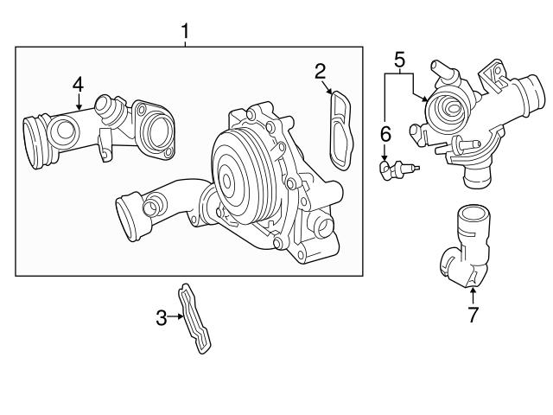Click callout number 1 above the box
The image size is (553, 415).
pyautogui.click(x=184, y=32)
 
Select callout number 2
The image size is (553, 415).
pyautogui.click(x=320, y=71)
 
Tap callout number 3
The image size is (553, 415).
pyautogui.click(x=161, y=318)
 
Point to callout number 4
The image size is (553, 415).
pyautogui.click(x=78, y=84)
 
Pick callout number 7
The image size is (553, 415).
pyautogui.click(x=473, y=315)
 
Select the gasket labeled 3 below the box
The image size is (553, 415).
pyautogui.click(x=195, y=316)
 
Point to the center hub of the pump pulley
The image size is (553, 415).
pyautogui.click(x=226, y=181)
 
